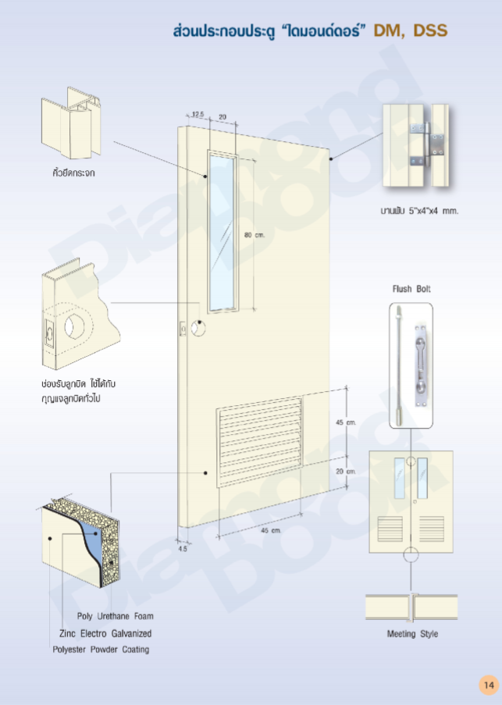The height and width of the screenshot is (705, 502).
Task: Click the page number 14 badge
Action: coord(489,685)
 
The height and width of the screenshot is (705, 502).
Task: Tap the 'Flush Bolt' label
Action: coord(411,289)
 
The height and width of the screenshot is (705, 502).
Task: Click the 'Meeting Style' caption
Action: coord(412,634)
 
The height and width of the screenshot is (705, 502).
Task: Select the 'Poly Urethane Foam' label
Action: coord(115,616)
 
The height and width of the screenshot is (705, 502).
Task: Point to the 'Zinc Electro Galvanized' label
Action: coord(105,633)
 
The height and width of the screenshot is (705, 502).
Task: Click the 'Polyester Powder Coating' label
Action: coord(101,650)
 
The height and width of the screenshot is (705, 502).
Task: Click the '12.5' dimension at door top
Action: coord(197,115)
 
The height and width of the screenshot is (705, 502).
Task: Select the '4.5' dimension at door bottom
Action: coord(183,549)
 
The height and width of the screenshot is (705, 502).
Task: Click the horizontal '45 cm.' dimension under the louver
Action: coord(270,530)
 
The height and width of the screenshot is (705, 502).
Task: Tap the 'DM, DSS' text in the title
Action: coord(410,31)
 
